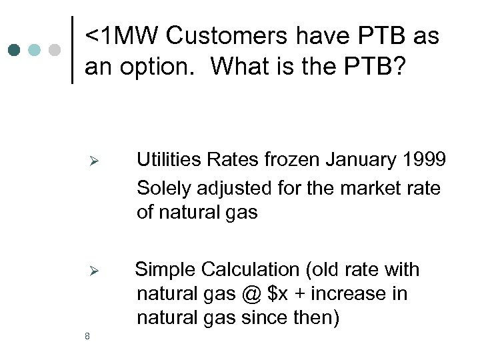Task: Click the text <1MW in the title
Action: coord(122,37)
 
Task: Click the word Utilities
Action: coord(170,160)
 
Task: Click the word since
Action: coord(261,318)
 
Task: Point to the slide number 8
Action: coord(87,336)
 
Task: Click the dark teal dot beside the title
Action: coord(14,50)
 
